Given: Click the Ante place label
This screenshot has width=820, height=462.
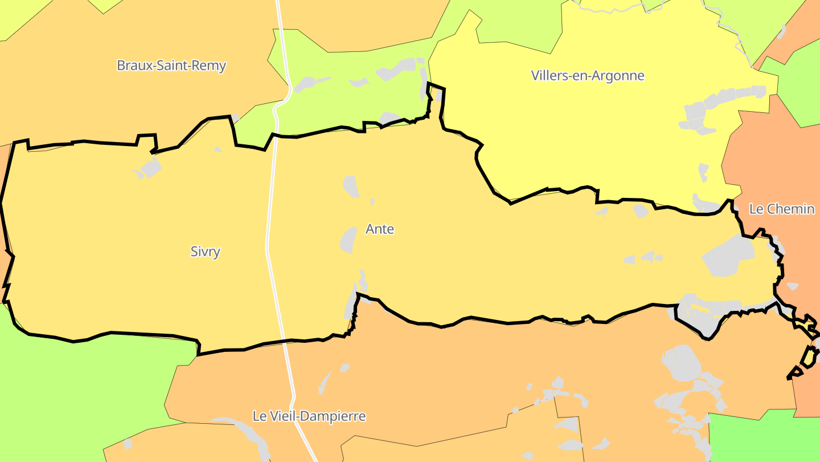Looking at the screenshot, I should (x=379, y=229).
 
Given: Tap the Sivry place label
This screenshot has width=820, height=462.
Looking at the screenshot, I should (x=205, y=252).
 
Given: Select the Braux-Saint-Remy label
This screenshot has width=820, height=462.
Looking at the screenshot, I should (x=171, y=66).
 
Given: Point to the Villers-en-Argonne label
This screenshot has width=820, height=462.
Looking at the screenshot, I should (x=588, y=75).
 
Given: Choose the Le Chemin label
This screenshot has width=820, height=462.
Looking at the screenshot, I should (x=782, y=209).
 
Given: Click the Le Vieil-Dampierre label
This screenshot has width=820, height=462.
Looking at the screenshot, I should (x=309, y=416).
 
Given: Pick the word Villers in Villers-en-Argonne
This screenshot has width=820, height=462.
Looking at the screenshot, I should (x=549, y=75).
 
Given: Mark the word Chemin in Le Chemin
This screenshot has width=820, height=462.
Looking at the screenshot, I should (x=790, y=209).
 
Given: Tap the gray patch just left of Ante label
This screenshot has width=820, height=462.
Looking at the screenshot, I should (x=348, y=240).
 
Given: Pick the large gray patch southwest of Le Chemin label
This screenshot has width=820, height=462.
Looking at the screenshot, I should (x=729, y=256).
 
